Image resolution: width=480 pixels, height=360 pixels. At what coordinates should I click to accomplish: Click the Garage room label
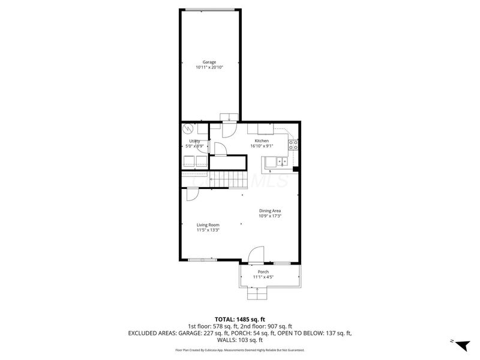[x=209, y=62]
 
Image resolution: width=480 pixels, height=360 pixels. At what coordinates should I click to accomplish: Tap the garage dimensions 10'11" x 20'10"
[x=209, y=67]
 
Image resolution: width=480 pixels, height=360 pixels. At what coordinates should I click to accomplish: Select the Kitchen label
[x=261, y=140]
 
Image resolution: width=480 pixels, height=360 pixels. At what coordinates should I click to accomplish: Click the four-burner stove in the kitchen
[x=293, y=145]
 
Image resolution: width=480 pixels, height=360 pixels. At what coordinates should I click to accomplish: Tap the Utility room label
[x=194, y=141]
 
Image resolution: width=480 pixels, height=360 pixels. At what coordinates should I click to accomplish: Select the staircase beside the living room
[x=228, y=178]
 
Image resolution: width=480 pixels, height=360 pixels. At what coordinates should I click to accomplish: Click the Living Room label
[x=208, y=225]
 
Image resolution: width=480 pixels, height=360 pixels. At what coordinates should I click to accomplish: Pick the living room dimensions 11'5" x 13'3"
[x=208, y=230]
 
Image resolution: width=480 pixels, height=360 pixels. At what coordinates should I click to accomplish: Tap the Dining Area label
[x=270, y=211]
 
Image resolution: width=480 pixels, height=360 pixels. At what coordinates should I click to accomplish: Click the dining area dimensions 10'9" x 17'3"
[x=270, y=216]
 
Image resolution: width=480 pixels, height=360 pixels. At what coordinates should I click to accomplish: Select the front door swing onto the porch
[x=256, y=255]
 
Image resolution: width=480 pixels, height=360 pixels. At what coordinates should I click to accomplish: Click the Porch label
[x=263, y=272]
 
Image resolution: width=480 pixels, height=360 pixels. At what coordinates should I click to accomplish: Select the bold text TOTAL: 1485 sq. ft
[x=239, y=319]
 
